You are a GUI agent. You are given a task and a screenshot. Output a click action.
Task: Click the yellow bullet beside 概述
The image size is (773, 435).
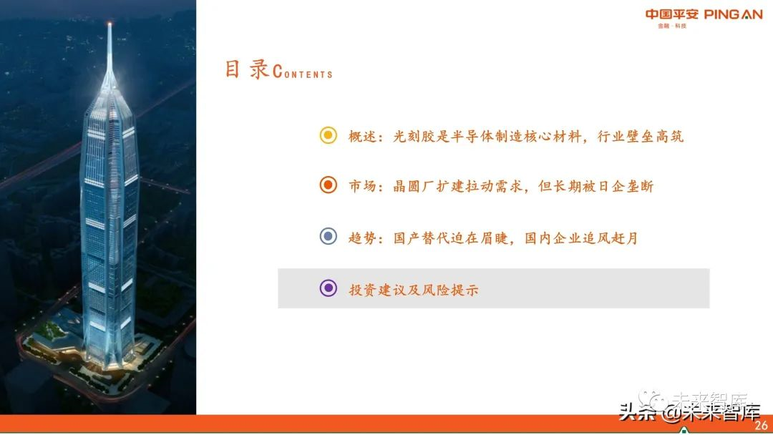point(328,135)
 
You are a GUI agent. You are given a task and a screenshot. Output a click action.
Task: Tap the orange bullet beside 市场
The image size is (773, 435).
point(328,186)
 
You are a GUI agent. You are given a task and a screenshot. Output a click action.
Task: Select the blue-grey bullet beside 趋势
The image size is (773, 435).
point(328,237)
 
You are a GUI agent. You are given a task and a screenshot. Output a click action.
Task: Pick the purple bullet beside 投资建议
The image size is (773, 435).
point(328,288)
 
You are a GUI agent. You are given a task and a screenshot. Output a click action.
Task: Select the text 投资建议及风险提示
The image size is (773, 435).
point(414,289)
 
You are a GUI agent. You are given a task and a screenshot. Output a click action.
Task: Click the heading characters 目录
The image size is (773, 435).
point(247,69)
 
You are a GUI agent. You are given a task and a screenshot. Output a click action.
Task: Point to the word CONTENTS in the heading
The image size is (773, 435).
point(303,72)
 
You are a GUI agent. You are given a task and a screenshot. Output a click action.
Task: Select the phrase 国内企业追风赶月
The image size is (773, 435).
point(580,238)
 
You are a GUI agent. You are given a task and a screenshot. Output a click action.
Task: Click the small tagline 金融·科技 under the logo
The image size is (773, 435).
point(672,26)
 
